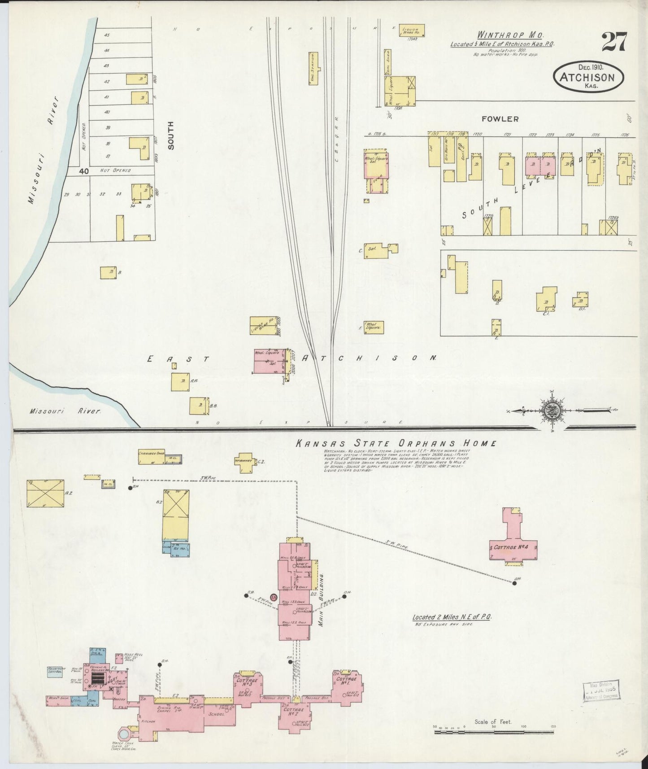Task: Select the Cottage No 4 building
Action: point(513,548)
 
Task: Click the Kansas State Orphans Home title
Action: point(396,443)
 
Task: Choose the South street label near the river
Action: point(170,135)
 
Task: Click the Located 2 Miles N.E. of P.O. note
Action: point(452,617)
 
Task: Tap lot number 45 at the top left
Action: point(106,35)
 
